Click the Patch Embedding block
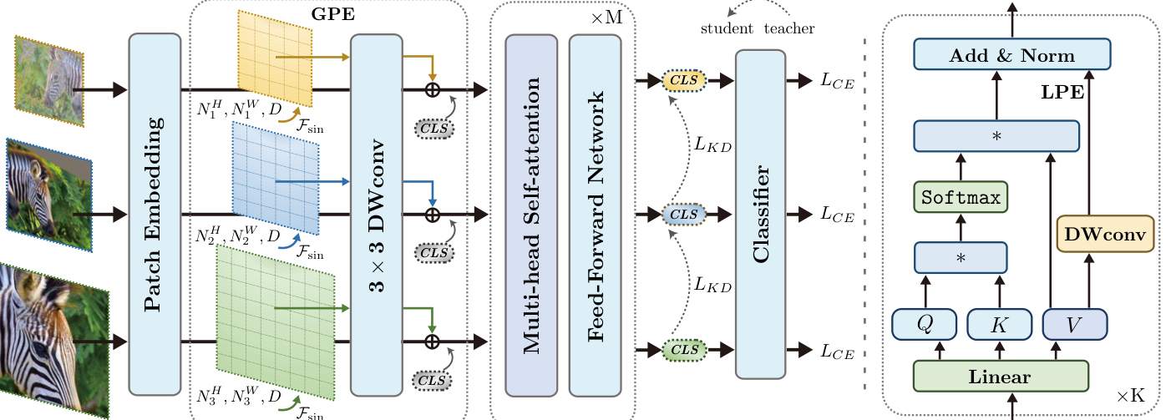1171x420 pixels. [155, 214]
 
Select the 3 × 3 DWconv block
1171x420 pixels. [376, 214]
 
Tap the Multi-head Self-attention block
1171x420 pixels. [530, 214]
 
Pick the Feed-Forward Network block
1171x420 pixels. [594, 214]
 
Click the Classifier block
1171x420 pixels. [760, 214]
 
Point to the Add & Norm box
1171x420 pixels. [1012, 56]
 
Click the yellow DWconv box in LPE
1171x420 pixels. [1105, 232]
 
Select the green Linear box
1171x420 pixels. [1000, 377]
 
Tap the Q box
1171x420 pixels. [923, 324]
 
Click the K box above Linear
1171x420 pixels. [999, 324]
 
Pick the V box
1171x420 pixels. [1075, 324]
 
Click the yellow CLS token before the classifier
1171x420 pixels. [683, 80]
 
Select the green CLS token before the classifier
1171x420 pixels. [683, 347]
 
